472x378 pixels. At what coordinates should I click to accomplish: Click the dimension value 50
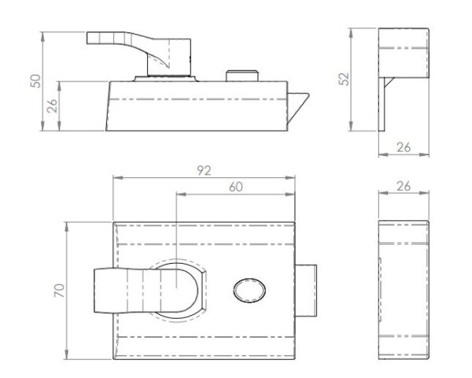click(x=36, y=81)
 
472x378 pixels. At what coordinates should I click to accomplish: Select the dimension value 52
click(x=344, y=79)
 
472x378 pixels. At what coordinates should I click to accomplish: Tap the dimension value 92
click(x=204, y=171)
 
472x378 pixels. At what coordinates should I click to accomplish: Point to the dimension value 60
click(x=236, y=187)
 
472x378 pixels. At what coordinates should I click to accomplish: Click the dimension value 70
click(x=59, y=291)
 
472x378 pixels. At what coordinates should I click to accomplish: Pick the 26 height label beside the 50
click(x=52, y=106)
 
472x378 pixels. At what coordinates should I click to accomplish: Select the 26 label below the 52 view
click(x=404, y=147)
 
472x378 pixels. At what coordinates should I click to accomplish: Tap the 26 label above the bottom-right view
click(x=404, y=187)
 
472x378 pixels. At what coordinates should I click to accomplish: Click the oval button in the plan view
click(x=249, y=291)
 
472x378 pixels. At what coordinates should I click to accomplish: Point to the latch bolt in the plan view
click(x=306, y=291)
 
